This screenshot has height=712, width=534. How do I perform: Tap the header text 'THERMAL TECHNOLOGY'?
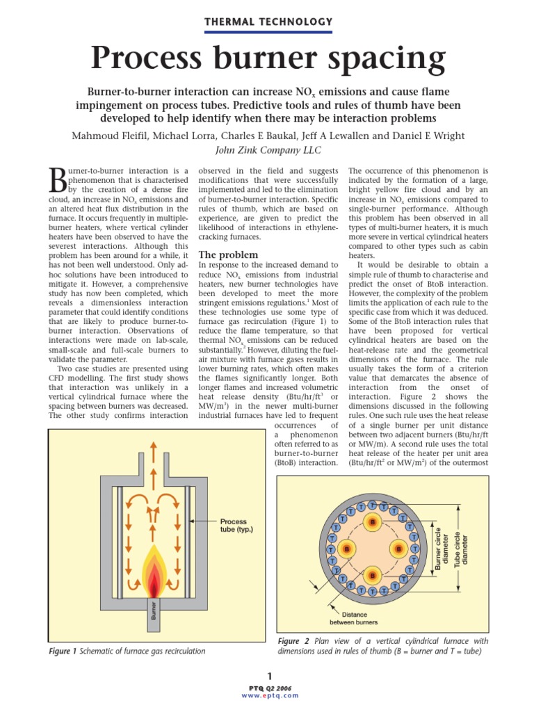point(267,22)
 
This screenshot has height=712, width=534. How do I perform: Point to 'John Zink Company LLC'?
point(267,150)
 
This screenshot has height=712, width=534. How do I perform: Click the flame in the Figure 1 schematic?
point(154,568)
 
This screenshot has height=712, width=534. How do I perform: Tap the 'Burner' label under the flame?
point(154,610)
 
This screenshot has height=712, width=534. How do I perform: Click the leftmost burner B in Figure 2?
point(346,549)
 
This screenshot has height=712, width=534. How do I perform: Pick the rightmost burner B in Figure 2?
point(399,549)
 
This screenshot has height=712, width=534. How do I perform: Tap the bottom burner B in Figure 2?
point(373,575)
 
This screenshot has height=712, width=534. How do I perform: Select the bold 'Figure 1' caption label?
point(62,652)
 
